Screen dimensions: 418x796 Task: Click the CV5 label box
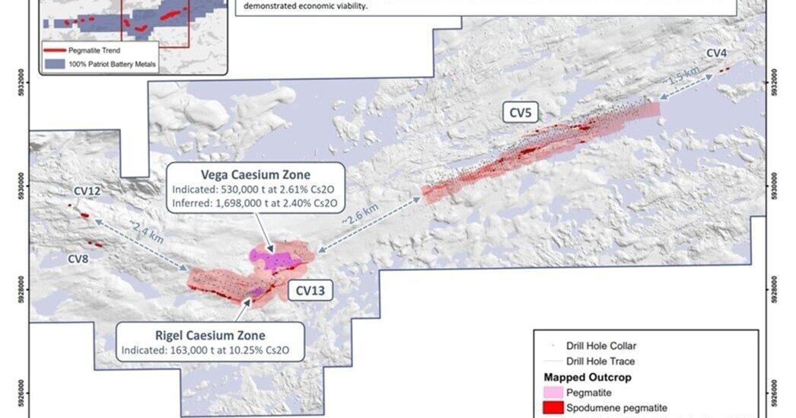[523, 113]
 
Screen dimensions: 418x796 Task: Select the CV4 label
[716, 53]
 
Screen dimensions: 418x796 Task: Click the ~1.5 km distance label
[683, 79]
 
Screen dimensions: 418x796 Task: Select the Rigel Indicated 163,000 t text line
[209, 352]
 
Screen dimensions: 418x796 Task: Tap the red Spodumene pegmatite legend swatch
[559, 408]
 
